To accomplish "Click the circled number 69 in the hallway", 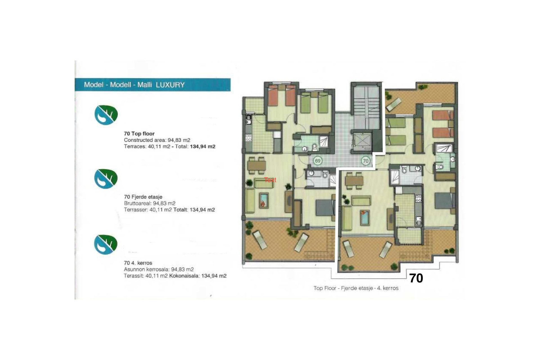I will [x=318, y=161].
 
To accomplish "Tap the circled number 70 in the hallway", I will [x=365, y=161].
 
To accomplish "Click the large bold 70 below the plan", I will [x=416, y=278].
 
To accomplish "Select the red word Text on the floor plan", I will [x=270, y=180].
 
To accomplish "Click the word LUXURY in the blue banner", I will [x=170, y=85].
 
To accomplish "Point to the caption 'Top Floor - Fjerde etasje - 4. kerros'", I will [x=356, y=288].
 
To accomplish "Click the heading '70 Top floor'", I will [x=139, y=134].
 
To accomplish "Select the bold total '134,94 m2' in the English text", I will [x=202, y=147].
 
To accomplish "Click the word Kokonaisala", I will [x=184, y=276].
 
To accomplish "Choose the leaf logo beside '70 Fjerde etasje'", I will [x=106, y=179].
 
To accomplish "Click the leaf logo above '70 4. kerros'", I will [x=105, y=244].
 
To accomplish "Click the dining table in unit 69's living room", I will [x=256, y=165].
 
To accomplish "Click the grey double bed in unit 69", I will [x=325, y=208].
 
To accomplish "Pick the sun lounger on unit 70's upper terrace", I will [x=393, y=105].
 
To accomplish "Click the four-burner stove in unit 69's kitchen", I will [x=248, y=138].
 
